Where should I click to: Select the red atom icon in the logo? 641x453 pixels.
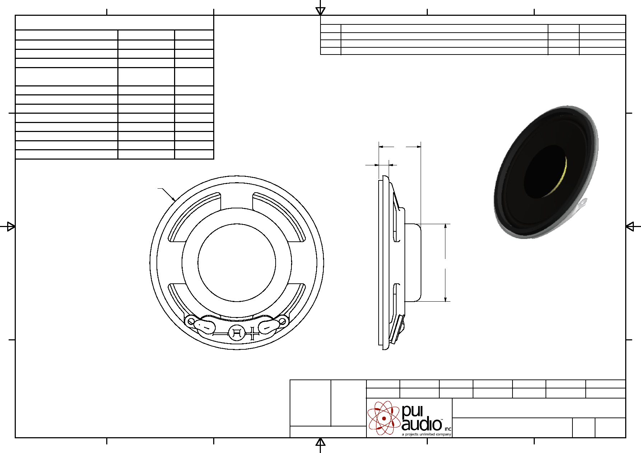(384, 418)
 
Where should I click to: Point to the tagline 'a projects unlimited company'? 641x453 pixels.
(426, 434)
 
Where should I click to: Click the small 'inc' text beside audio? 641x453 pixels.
(448, 429)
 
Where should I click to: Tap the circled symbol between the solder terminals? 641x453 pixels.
(237, 333)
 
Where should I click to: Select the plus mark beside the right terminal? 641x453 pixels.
(254, 333)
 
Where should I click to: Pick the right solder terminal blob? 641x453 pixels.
(269, 326)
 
